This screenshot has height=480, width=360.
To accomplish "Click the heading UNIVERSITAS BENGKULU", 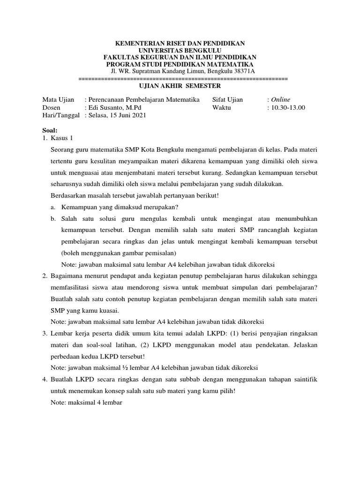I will pos(180,50).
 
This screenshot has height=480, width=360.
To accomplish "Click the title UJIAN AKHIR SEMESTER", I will pos(180,86).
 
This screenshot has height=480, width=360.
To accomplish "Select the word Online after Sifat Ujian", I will pos(280,100).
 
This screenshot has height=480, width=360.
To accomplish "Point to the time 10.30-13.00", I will pos(287,107).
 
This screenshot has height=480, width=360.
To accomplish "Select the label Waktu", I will pos(221,107).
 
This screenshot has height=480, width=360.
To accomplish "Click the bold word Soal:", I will pos(50,130).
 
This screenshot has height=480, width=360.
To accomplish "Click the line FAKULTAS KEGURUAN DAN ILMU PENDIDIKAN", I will pos(180,57).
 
